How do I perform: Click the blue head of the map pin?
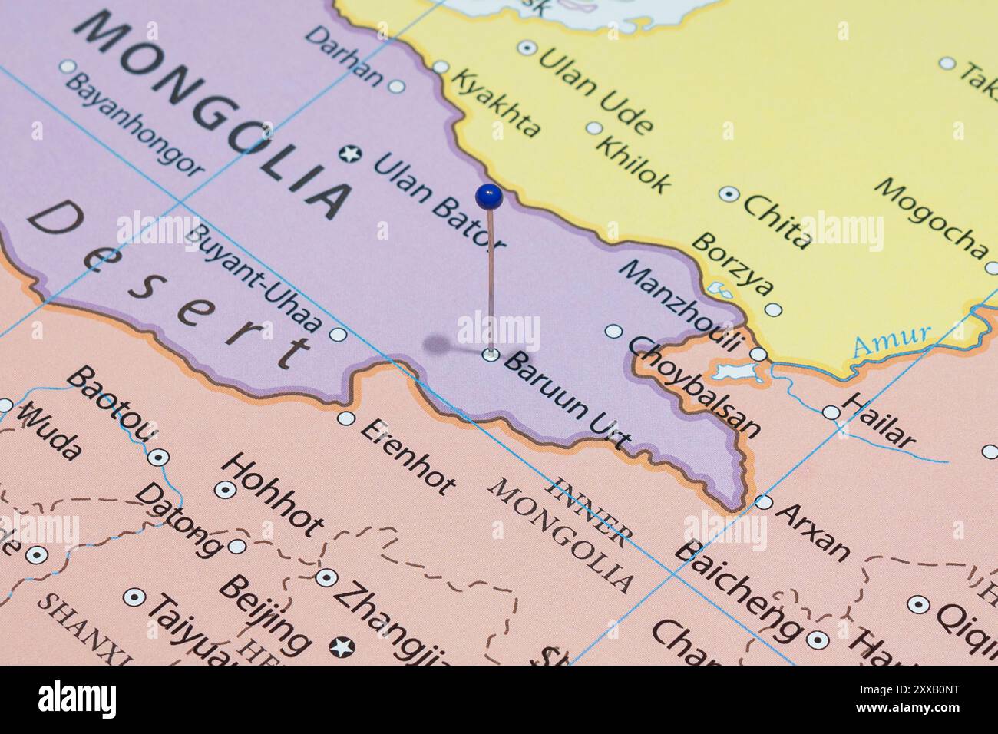coord(488,197)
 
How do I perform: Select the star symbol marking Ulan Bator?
coord(351,154)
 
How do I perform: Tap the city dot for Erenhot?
coord(346,418)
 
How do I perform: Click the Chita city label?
coord(776,221)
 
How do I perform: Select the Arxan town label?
coord(813,531)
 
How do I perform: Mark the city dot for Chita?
coord(728,193)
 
